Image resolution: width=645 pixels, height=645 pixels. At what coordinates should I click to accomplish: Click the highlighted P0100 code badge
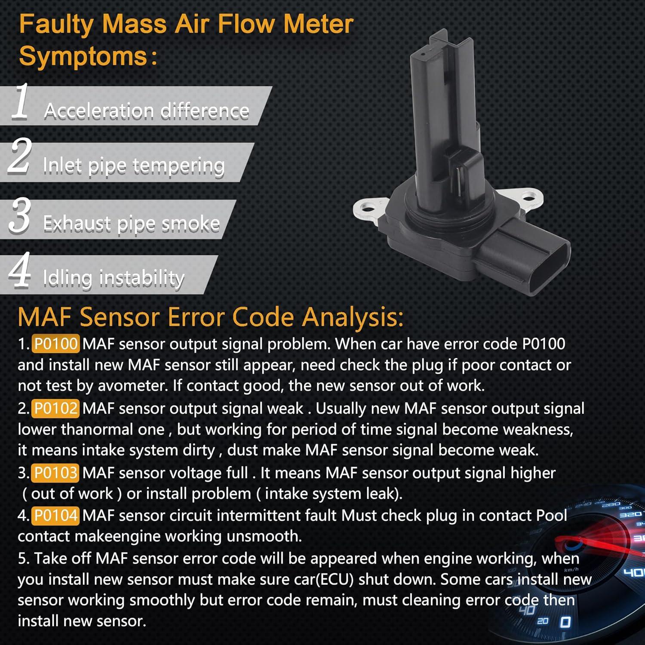(x=55, y=344)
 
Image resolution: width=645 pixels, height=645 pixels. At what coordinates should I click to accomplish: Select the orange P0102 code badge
(x=55, y=408)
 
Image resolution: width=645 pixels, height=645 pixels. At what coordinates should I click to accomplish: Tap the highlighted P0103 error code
(x=55, y=473)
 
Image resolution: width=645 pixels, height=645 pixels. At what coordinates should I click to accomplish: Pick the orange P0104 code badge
(x=55, y=515)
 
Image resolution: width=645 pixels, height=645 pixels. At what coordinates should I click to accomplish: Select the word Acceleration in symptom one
(x=99, y=111)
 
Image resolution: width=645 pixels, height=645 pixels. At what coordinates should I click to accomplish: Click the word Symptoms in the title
(x=83, y=56)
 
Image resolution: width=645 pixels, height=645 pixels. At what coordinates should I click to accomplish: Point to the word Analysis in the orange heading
(x=352, y=317)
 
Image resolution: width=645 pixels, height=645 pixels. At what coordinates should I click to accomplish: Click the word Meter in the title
(x=318, y=24)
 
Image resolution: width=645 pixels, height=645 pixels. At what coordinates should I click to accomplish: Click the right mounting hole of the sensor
(x=529, y=198)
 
